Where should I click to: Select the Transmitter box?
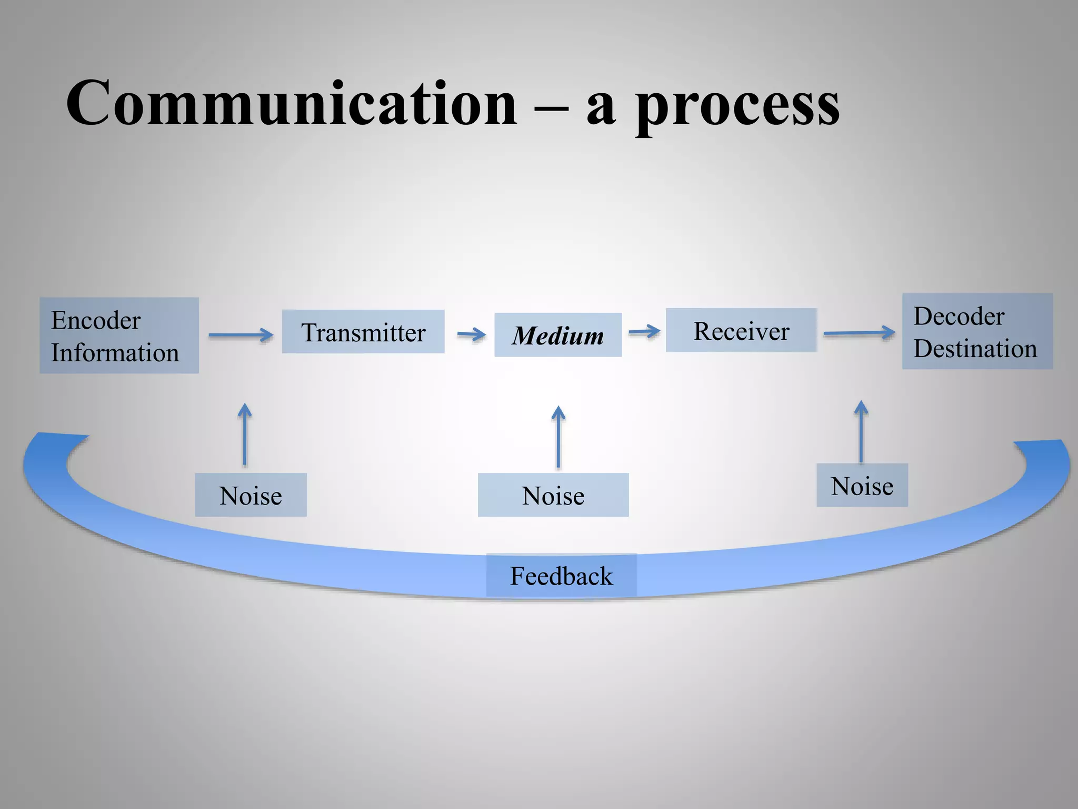pyautogui.click(x=363, y=332)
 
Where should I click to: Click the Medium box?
pyautogui.click(x=558, y=335)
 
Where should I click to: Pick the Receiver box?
pyautogui.click(x=741, y=330)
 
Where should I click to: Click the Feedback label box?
pyautogui.click(x=561, y=576)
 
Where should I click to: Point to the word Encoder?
pyautogui.click(x=96, y=320)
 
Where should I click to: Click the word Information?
pyautogui.click(x=115, y=352)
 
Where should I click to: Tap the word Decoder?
pyautogui.click(x=959, y=316)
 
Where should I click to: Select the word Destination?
pyautogui.click(x=975, y=349)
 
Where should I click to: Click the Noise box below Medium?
pyautogui.click(x=553, y=495)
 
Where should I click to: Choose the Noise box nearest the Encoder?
pyautogui.click(x=251, y=495)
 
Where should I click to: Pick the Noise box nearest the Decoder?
pyautogui.click(x=862, y=486)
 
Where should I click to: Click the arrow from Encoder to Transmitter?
pyautogui.click(x=241, y=334)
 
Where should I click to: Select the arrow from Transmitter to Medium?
pyautogui.click(x=471, y=334)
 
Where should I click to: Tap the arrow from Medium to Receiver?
pyautogui.click(x=644, y=331)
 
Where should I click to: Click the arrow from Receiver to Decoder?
pyautogui.click(x=859, y=333)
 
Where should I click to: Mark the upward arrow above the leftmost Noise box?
pyautogui.click(x=244, y=435)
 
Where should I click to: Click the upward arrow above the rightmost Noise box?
pyautogui.click(x=861, y=432)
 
